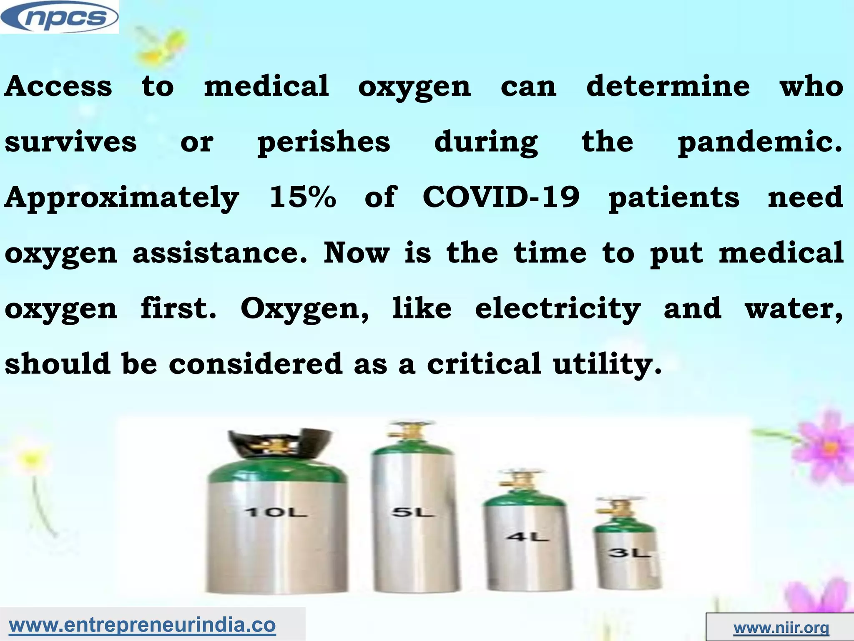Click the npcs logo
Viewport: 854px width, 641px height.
pyautogui.click(x=59, y=17)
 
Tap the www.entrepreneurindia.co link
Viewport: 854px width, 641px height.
pyautogui.click(x=142, y=625)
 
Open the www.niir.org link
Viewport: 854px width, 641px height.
pyautogui.click(x=781, y=627)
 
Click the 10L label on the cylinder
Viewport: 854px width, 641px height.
pyautogui.click(x=276, y=512)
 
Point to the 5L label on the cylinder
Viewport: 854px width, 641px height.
pyautogui.click(x=412, y=512)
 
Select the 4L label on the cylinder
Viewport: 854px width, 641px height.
pyautogui.click(x=527, y=537)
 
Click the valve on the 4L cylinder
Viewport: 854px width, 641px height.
pyautogui.click(x=517, y=483)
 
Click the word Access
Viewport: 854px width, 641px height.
pyautogui.click(x=58, y=86)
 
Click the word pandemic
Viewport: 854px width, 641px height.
pyautogui.click(x=759, y=142)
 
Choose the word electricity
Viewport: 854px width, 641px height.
pyautogui.click(x=558, y=309)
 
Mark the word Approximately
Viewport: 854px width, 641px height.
pyautogui.click(x=122, y=198)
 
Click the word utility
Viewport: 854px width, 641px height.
pyautogui.click(x=607, y=364)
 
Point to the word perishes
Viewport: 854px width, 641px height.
pyautogui.click(x=324, y=142)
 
